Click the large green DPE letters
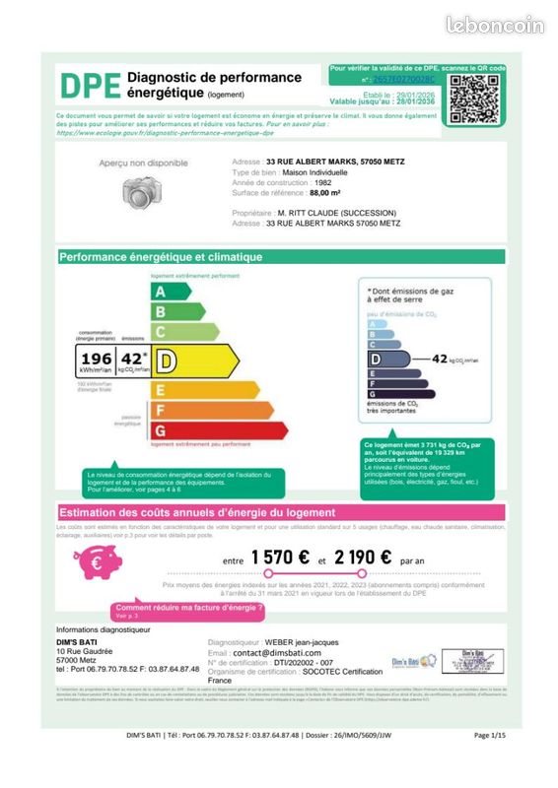point(91,87)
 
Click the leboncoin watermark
point(494,27)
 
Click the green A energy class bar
point(171,292)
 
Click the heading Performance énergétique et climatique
point(162,257)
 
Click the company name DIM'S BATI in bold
point(75,642)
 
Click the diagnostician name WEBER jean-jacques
point(314,642)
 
